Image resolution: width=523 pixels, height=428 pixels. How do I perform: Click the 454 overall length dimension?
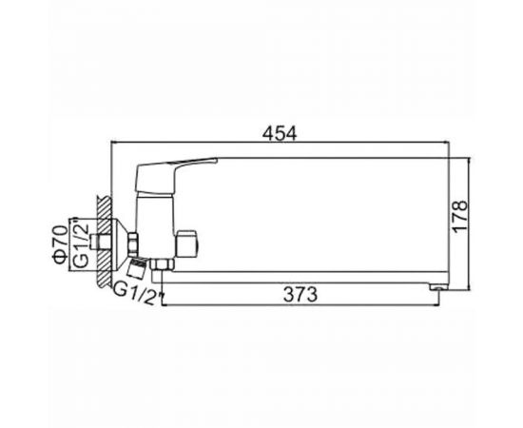click(x=280, y=134)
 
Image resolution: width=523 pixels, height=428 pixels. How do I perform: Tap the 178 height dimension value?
click(x=459, y=215)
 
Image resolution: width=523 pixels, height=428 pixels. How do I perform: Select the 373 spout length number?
click(x=300, y=295)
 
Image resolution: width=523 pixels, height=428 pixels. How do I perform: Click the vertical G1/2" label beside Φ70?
click(x=81, y=243)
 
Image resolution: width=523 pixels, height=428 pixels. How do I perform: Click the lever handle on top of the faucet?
click(x=172, y=175)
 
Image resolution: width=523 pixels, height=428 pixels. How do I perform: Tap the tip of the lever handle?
click(x=217, y=160)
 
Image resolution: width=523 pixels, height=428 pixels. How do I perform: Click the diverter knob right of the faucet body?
click(x=186, y=243)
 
